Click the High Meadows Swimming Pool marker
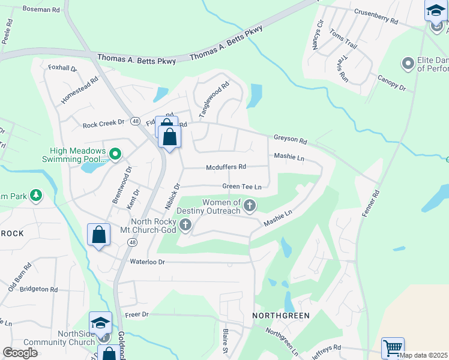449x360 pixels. tap(115, 155)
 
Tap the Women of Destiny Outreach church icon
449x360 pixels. tap(250, 206)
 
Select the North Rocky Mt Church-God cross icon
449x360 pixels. tap(186, 225)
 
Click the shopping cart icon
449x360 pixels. tap(393, 347)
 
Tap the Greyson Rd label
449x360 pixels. tap(290, 139)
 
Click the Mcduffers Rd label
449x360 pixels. tap(226, 167)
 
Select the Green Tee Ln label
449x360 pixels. tap(242, 187)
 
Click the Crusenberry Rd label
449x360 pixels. tap(376, 16)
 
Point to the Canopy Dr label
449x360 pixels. tap(391, 83)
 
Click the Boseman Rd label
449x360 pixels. tap(41, 10)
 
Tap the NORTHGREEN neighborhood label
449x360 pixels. tap(280, 316)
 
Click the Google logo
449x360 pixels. tap(20, 352)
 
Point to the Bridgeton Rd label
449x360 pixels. tap(38, 289)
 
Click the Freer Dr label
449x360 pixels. tap(136, 314)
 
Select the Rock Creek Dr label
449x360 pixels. tap(103, 124)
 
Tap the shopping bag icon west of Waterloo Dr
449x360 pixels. tap(98, 235)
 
